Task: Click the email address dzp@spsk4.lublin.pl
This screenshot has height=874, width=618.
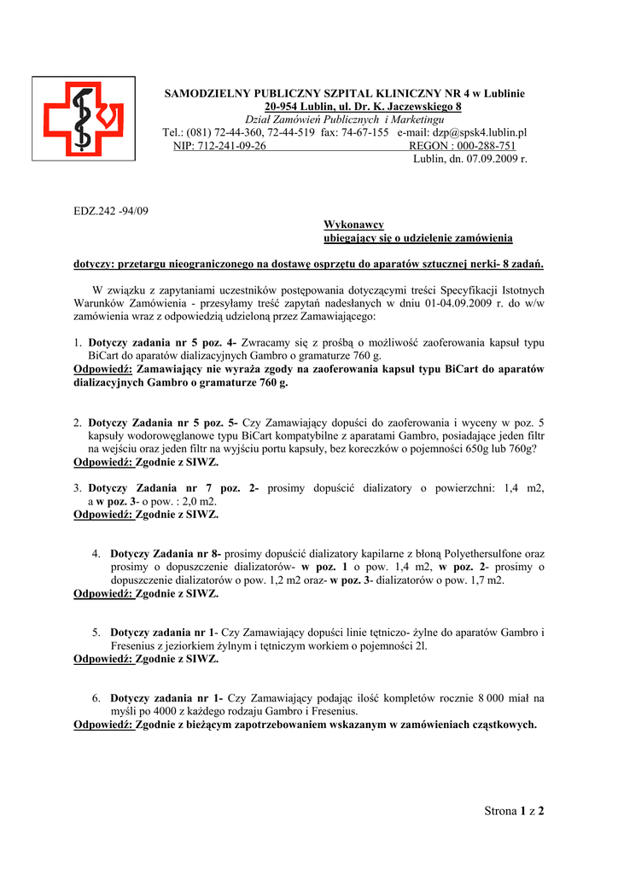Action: (480, 133)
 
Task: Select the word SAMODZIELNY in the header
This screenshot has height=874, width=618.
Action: (202, 93)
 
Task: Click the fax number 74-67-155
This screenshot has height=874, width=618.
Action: (365, 133)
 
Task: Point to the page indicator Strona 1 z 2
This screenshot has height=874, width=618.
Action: (514, 811)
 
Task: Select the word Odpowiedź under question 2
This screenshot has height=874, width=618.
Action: (103, 463)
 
